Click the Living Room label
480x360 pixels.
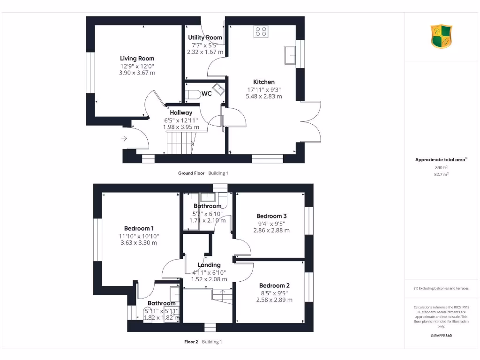(x=137, y=59)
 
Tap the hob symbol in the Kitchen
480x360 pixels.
(x=261, y=31)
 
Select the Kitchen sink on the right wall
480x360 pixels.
(x=291, y=54)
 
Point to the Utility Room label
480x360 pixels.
(x=205, y=37)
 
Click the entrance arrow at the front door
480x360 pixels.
(x=124, y=138)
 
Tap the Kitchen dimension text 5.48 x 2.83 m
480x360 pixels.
(x=264, y=96)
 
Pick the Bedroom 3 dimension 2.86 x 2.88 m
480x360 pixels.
(x=271, y=230)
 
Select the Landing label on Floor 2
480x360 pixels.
(x=209, y=265)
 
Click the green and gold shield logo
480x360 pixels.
(x=441, y=37)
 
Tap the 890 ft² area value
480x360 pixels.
(x=441, y=167)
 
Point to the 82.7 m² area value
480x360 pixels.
(x=441, y=174)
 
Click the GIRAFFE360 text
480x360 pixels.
(x=441, y=335)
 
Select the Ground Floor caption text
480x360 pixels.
(x=191, y=173)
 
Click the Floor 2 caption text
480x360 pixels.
(x=192, y=342)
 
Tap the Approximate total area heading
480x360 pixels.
(x=441, y=160)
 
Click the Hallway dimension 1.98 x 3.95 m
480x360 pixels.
(x=181, y=127)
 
